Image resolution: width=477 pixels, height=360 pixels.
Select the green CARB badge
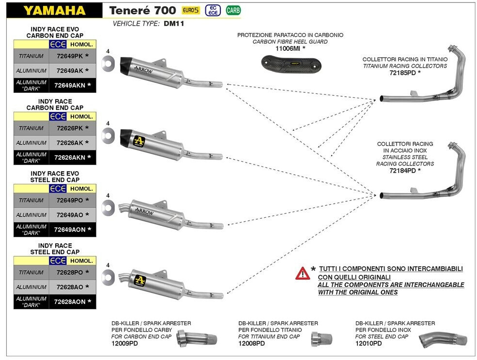pos(233,10)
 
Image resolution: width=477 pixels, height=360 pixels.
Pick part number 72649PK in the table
pos(70,56)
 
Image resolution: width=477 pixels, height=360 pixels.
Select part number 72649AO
pos(70,215)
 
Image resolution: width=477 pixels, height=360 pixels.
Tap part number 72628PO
pos(70,273)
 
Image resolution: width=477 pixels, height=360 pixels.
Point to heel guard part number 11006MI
pos(289,49)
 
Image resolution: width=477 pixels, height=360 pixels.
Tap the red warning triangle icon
pos(303,273)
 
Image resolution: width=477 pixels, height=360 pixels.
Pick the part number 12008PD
pos(251,344)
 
